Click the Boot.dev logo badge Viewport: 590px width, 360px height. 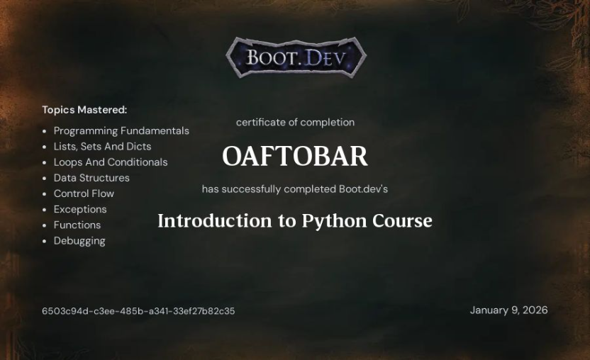point(296,57)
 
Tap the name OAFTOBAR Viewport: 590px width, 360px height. point(295,157)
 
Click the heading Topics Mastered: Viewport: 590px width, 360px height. point(84,110)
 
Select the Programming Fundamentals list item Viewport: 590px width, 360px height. point(121,131)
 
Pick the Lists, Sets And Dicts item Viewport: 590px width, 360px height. point(102,147)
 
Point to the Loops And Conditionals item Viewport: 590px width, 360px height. point(111,162)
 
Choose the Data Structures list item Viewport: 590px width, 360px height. point(91,178)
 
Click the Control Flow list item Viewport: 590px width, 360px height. point(84,193)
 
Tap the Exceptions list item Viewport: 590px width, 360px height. point(80,209)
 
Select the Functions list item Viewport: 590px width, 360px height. point(77,225)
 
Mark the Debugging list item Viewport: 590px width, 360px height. point(79,241)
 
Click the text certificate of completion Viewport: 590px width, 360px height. point(295,123)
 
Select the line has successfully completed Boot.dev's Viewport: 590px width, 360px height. point(295,189)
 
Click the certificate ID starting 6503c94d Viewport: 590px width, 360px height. point(138,311)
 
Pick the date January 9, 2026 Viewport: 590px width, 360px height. point(508,310)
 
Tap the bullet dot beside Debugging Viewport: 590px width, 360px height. point(45,241)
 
